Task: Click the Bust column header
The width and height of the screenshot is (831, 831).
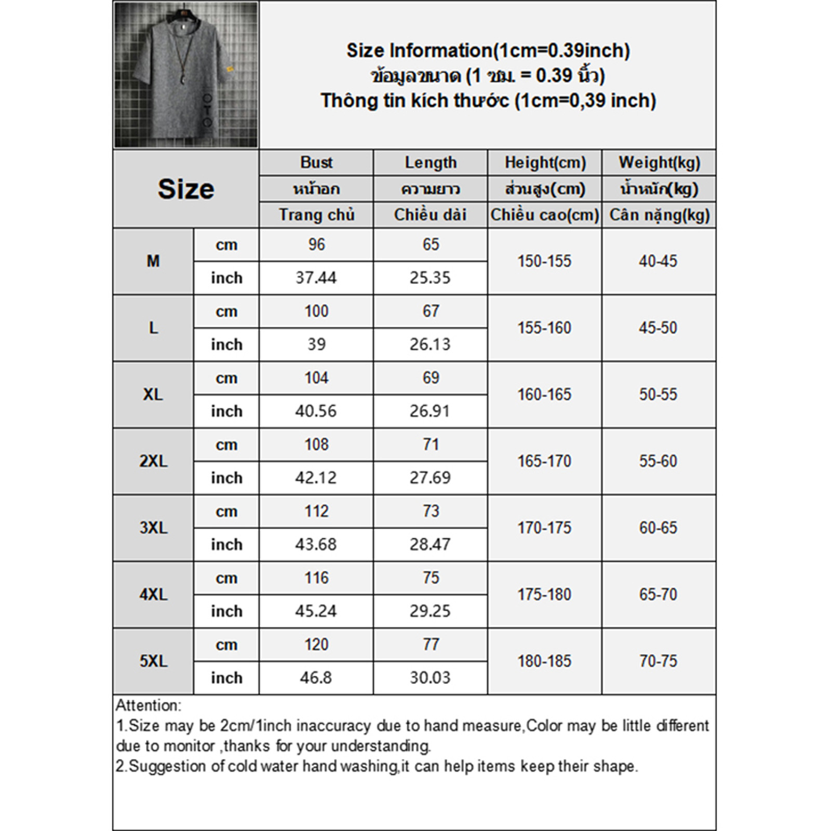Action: click(x=316, y=163)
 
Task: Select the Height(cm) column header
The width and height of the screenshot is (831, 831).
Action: click(x=545, y=163)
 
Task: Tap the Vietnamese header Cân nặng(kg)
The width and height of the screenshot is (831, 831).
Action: click(x=659, y=215)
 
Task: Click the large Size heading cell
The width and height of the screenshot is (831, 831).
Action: click(x=186, y=189)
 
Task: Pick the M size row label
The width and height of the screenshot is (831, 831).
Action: click(x=153, y=261)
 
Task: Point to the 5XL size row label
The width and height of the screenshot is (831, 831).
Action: click(x=153, y=661)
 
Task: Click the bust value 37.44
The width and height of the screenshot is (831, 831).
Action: click(x=316, y=278)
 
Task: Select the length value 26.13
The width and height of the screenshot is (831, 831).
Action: click(x=430, y=344)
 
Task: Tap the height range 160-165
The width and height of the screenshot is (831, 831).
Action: click(x=544, y=395)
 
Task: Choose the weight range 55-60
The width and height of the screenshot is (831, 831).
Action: click(x=658, y=461)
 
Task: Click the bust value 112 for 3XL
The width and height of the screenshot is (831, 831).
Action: click(x=316, y=512)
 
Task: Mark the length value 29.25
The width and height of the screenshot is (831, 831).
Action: click(x=430, y=611)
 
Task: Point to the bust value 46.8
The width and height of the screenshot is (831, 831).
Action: click(x=316, y=678)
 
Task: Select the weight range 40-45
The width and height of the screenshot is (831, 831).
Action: click(x=658, y=261)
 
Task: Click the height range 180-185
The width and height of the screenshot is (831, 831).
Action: click(x=544, y=661)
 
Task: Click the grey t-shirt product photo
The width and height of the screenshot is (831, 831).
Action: click(x=186, y=75)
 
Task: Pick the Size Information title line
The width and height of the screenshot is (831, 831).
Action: click(x=488, y=51)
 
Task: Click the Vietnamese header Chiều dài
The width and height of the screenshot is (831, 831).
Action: click(x=430, y=215)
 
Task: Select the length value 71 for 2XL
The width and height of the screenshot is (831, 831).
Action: click(x=431, y=445)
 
